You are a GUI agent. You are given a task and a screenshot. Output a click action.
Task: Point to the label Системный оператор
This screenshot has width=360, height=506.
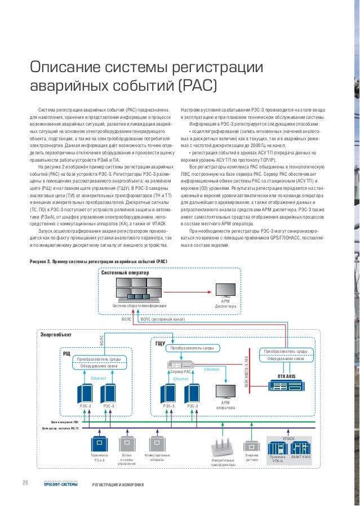[x=125, y=273]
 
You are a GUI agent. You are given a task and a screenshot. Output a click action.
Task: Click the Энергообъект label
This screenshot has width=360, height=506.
[x=56, y=335]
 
